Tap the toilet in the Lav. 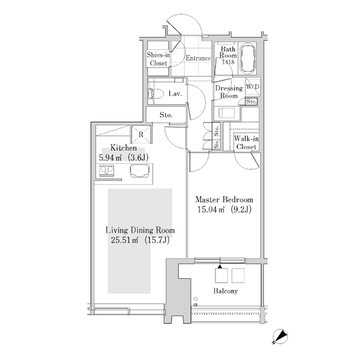pos(156,94)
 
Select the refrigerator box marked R pos(141,134)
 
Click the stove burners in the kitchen pos(107,170)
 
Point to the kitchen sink pos(140,171)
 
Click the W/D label pos(253,86)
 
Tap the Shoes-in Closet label pos(158,59)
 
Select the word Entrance pos(198,58)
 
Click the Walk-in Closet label pos(246,143)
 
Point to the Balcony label pos(226,291)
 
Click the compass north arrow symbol pos(280,337)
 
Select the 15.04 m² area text pos(211,209)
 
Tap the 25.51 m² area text pos(125,240)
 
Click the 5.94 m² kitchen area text pos(110,158)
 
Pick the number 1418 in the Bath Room pos(228,62)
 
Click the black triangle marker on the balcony pos(220,266)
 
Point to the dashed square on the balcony pos(238,275)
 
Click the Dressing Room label pos(229,92)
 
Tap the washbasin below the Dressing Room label pos(227,113)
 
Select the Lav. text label pos(175,94)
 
